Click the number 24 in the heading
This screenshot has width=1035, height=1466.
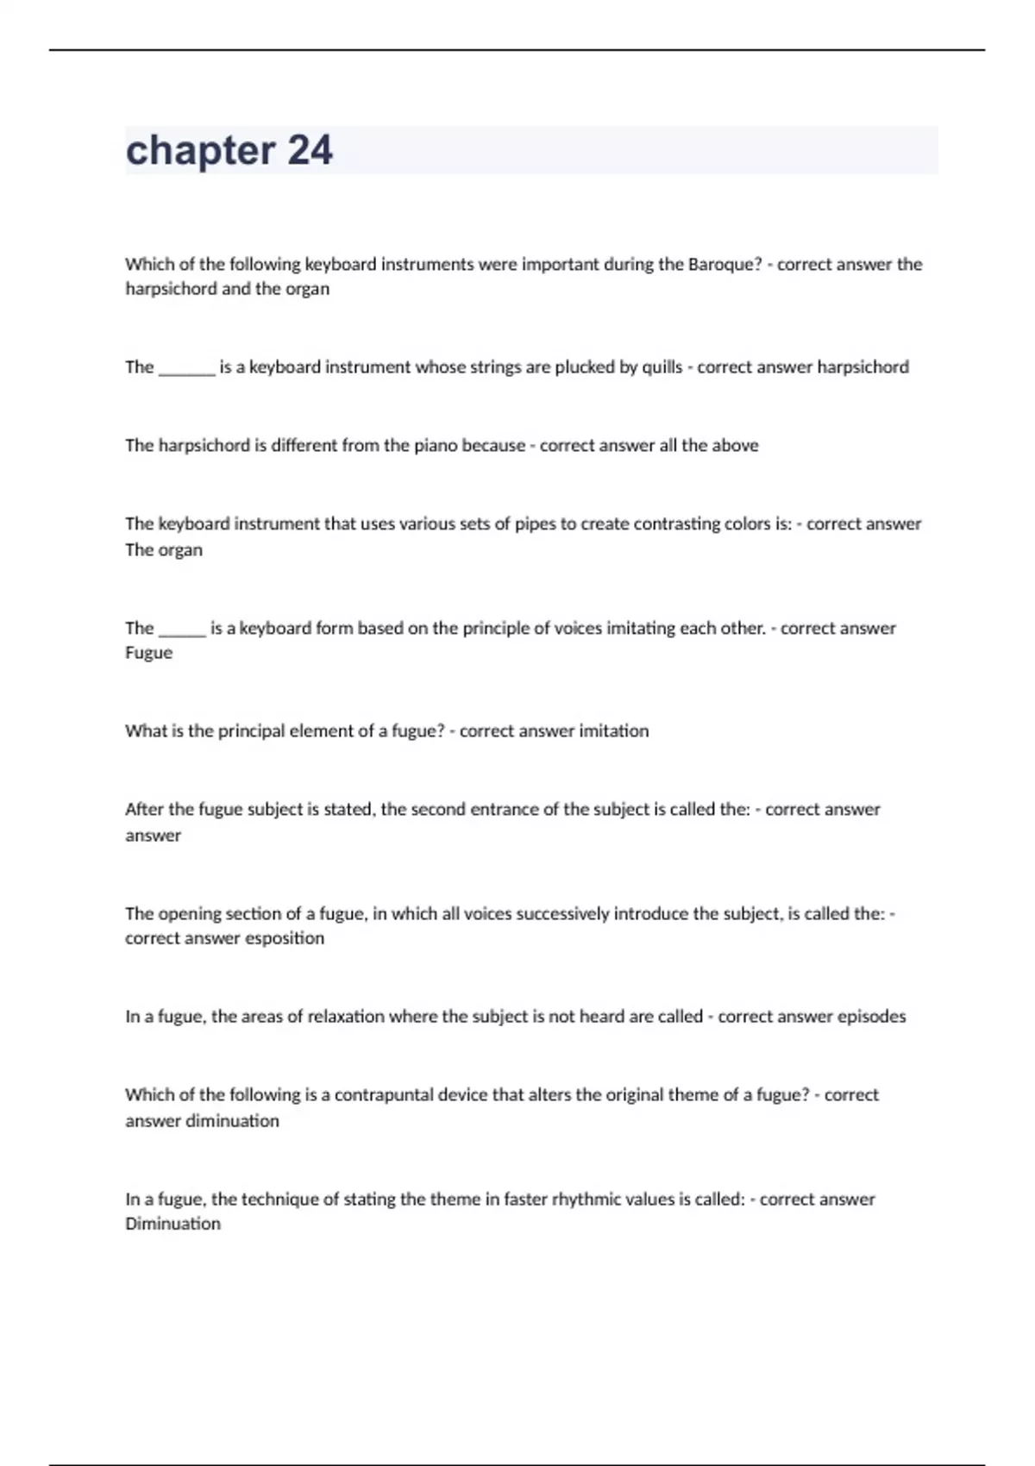310,150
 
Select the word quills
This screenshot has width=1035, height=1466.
662,367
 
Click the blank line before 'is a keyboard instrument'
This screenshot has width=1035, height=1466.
186,371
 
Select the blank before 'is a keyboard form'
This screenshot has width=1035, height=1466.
182,632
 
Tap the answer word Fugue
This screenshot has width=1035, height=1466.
148,653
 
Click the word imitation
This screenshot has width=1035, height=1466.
613,731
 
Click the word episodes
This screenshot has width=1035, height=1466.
871,1017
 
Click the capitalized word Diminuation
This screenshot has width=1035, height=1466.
172,1224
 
